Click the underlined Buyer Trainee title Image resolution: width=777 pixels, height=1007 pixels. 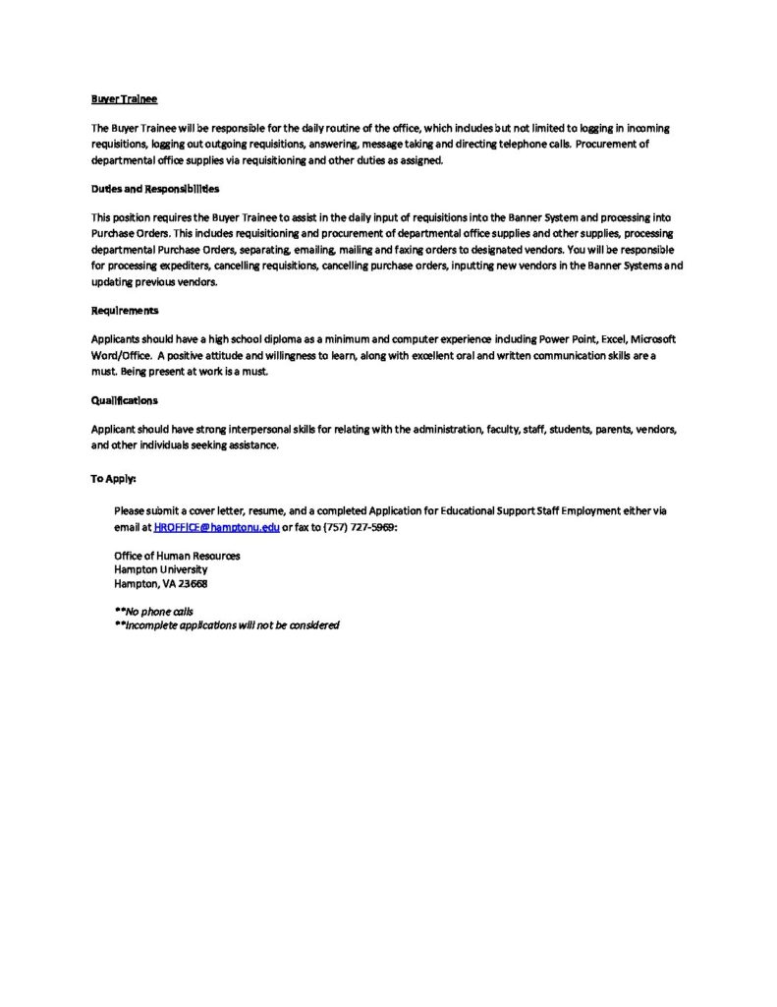[124, 100]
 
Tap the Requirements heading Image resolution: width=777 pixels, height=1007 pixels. [125, 310]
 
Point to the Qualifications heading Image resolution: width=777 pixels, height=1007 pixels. [124, 401]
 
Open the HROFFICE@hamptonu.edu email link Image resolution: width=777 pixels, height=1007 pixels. [216, 528]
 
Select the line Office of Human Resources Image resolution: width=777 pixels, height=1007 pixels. [177, 556]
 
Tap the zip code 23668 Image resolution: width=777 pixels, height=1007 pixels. [193, 583]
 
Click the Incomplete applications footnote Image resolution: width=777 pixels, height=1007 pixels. [227, 624]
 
